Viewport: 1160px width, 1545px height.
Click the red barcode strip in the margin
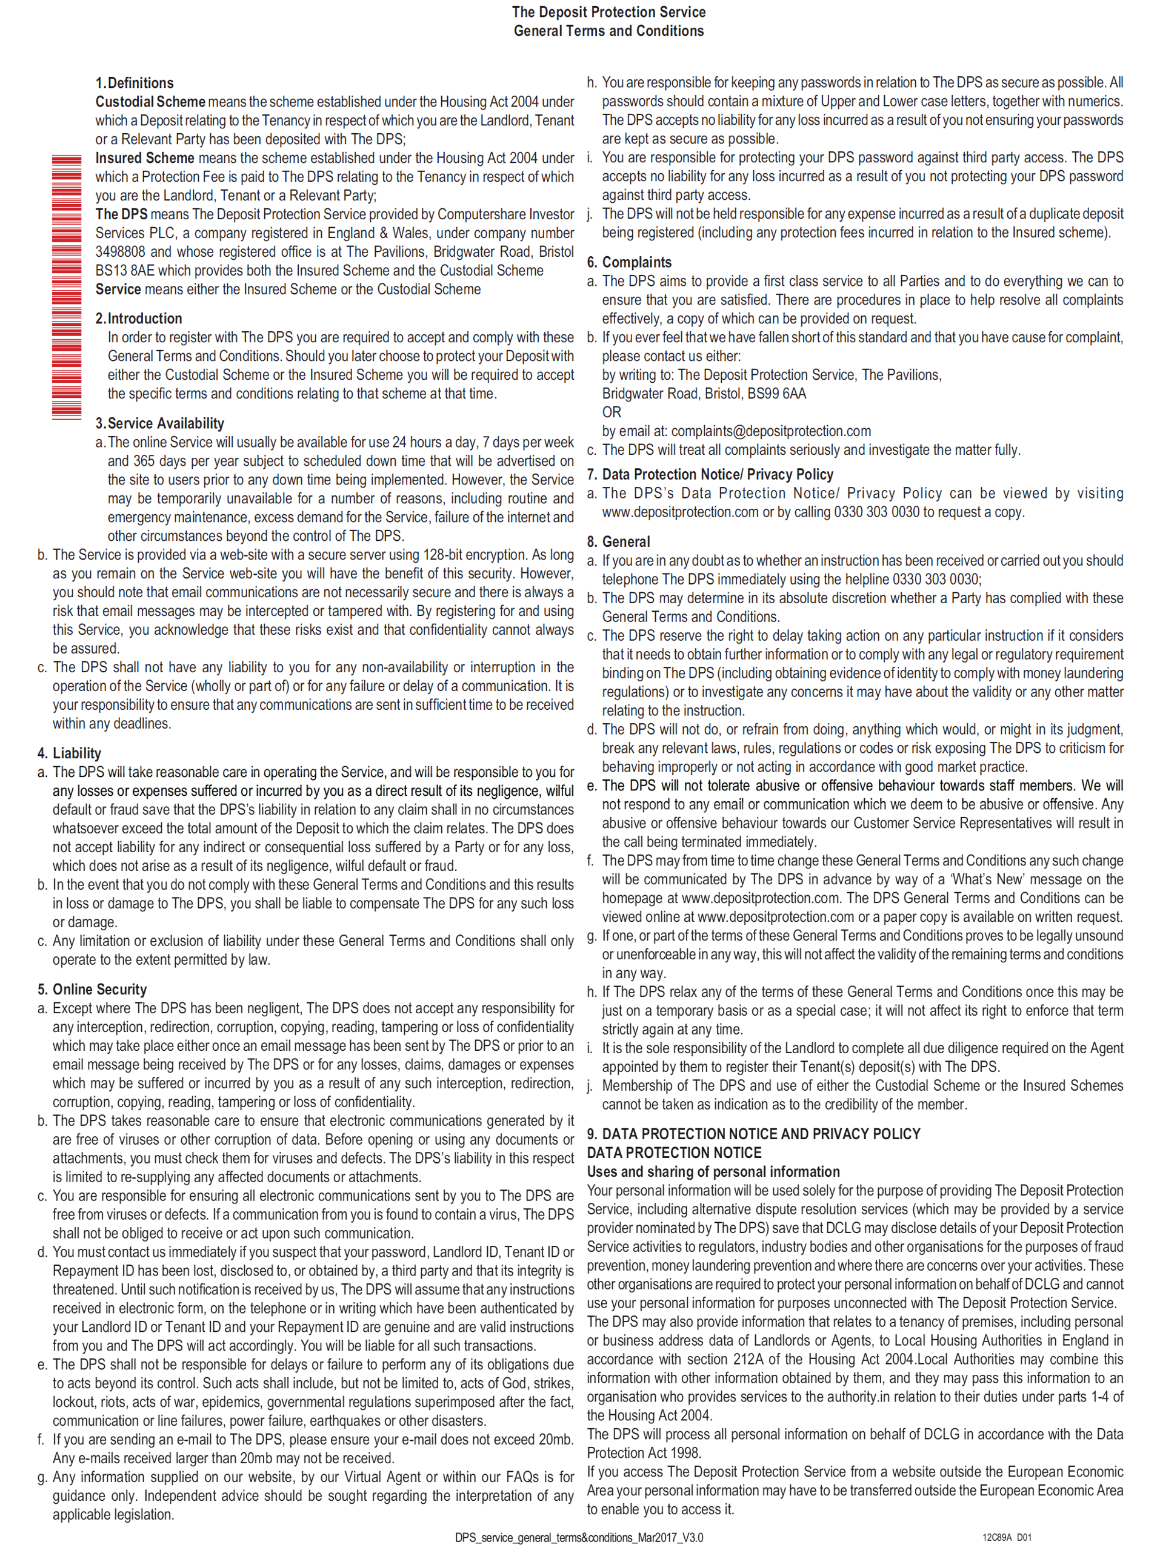(67, 286)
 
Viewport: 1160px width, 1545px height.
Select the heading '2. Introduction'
(138, 319)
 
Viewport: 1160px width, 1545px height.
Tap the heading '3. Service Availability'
(159, 423)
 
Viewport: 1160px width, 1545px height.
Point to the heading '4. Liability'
(69, 753)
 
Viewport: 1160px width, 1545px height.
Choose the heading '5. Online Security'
(92, 989)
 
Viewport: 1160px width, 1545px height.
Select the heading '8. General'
(618, 541)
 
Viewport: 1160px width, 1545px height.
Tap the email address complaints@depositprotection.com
(771, 431)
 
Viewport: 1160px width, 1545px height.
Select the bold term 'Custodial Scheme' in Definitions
(150, 102)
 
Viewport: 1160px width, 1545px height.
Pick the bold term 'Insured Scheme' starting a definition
(145, 159)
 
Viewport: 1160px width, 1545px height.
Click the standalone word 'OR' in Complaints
(612, 412)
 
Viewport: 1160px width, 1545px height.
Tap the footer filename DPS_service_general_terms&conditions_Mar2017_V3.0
(579, 1537)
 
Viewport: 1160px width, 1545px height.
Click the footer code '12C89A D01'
(1006, 1537)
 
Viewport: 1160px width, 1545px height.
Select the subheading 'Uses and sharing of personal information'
(713, 1171)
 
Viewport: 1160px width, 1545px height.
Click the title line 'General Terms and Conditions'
(608, 31)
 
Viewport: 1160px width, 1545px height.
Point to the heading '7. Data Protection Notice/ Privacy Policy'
(710, 474)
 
